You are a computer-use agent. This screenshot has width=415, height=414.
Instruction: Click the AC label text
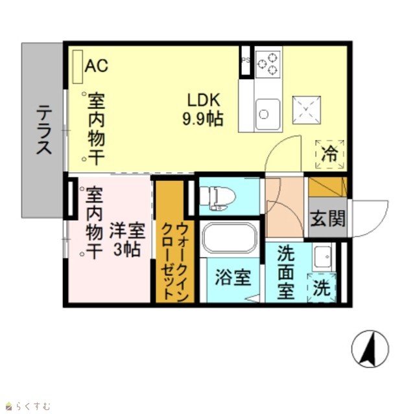point(97,65)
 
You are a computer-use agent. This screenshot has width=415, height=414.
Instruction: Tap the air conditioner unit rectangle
point(78,67)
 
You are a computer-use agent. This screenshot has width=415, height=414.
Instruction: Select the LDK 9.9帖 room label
point(203,109)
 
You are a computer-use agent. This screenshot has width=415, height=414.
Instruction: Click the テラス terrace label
point(43,130)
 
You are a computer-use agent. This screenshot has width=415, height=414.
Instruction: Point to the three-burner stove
point(268,64)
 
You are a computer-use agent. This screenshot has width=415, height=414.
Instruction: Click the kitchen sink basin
point(268,114)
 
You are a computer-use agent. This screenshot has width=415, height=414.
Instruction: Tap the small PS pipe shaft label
point(245,60)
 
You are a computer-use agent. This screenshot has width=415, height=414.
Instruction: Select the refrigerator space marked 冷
point(330,154)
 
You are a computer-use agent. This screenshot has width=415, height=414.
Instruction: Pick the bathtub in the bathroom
point(229,237)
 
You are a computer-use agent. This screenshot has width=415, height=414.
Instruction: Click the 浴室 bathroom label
point(233,277)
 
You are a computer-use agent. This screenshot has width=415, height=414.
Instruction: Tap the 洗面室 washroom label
point(286,272)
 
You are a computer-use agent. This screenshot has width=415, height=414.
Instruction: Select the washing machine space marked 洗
point(322,288)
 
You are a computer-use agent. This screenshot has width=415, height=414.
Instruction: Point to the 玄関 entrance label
point(328,218)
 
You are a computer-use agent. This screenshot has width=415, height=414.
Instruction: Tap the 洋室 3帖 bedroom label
point(127,240)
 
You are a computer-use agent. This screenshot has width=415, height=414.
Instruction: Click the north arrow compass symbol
point(370,349)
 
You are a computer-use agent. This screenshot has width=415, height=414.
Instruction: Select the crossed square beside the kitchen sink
point(307,110)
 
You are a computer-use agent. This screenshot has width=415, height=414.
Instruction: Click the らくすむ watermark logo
point(28,406)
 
